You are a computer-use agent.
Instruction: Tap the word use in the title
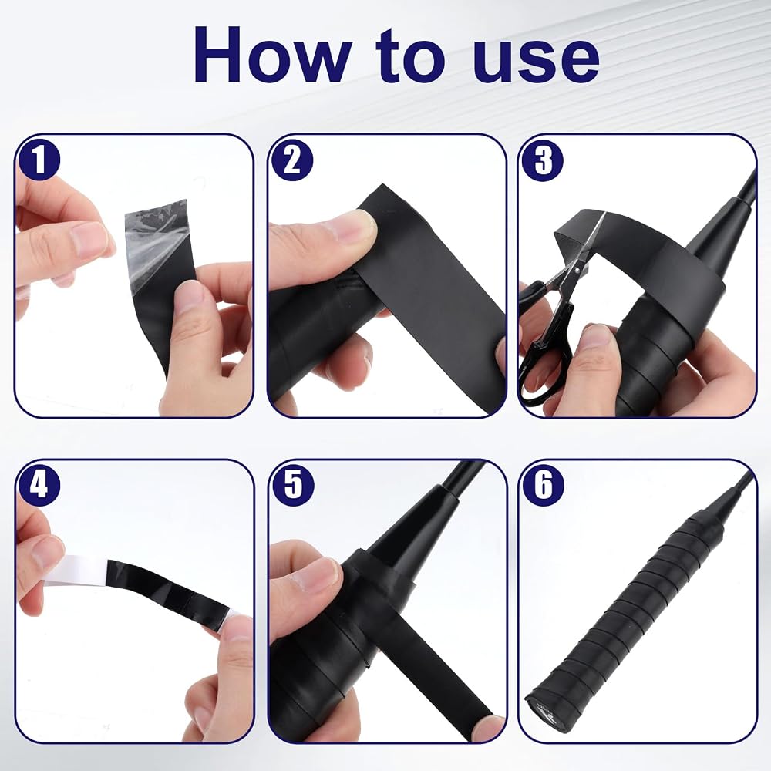click(x=536, y=61)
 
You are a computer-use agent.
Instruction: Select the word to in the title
click(x=412, y=56)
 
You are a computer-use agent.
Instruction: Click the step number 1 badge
click(x=39, y=159)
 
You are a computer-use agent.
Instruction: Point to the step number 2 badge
click(x=291, y=160)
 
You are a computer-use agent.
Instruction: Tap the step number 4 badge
click(x=39, y=484)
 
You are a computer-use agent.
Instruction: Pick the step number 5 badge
click(x=291, y=484)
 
